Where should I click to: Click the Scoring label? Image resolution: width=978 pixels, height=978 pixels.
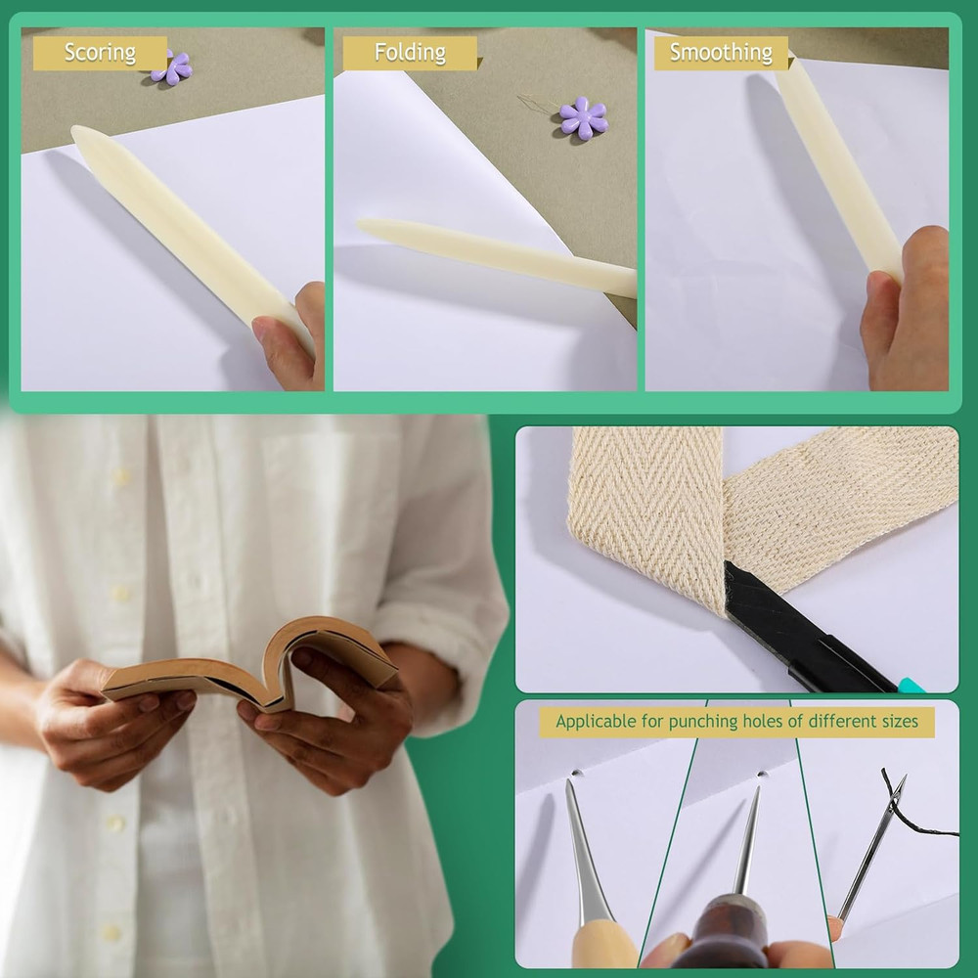coord(100,53)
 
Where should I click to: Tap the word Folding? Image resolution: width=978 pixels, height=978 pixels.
coord(410,53)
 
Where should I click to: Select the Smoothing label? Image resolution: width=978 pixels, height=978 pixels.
coord(721,53)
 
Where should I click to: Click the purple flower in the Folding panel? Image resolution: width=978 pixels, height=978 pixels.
coord(583,117)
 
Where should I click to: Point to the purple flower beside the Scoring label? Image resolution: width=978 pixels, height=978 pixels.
coord(174,67)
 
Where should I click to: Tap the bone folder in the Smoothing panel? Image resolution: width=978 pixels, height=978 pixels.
coord(836,166)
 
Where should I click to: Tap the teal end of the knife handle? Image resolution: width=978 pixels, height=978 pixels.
coord(912,686)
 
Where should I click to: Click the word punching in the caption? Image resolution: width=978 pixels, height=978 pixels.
coord(699,723)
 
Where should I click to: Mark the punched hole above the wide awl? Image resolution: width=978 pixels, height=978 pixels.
coord(577,773)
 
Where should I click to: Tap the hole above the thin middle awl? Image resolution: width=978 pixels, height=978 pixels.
coord(760,775)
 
